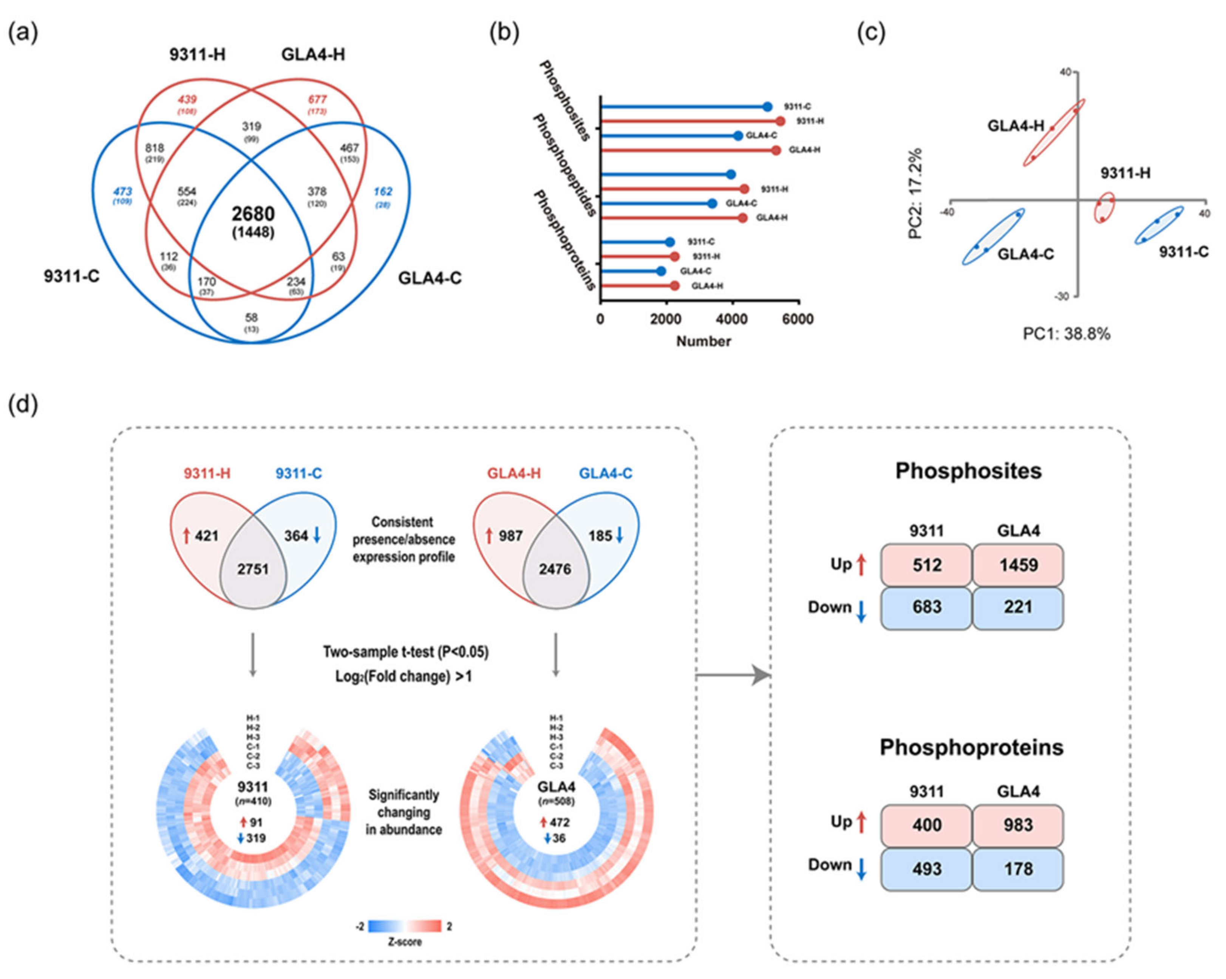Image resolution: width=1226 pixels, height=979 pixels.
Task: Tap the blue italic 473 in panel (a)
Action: click(122, 192)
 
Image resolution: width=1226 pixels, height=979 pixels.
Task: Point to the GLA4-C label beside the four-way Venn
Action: click(429, 278)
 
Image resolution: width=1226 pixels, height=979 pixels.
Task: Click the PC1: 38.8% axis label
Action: click(1066, 333)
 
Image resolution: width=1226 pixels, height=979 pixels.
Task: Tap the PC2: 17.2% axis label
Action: click(915, 194)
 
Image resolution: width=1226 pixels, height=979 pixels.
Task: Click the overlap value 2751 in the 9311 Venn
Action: click(253, 569)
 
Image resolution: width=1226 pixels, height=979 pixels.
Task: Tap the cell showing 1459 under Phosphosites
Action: click(1018, 565)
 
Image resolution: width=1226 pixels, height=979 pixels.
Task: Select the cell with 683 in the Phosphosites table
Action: click(927, 607)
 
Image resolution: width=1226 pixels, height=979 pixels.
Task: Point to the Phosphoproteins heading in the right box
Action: click(971, 747)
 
